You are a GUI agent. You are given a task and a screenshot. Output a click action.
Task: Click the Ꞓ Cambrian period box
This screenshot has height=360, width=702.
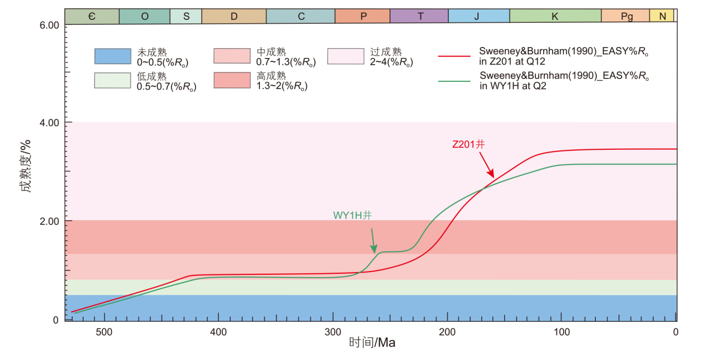(x=92, y=17)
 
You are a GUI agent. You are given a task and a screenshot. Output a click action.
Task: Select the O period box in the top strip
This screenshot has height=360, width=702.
(x=145, y=17)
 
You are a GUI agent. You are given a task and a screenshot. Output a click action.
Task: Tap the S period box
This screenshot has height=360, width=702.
(x=186, y=17)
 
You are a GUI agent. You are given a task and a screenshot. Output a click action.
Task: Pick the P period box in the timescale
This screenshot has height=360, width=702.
(x=363, y=17)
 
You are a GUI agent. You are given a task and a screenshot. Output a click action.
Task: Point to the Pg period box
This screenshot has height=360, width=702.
(x=626, y=17)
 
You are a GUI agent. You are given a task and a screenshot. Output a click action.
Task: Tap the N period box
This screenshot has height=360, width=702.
(x=662, y=17)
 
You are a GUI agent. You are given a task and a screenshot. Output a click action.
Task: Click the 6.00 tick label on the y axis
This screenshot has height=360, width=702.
(x=46, y=25)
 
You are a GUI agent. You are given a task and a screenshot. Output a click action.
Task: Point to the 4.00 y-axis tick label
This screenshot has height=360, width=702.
(x=46, y=122)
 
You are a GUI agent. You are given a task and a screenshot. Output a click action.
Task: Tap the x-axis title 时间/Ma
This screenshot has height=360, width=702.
(x=372, y=343)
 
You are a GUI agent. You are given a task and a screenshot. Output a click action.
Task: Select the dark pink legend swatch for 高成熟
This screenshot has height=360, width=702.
(x=232, y=80)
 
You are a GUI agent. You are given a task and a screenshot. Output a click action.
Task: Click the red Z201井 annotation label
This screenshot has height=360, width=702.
(x=468, y=144)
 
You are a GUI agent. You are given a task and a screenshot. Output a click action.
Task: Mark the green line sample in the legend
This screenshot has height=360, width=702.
(x=455, y=81)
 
